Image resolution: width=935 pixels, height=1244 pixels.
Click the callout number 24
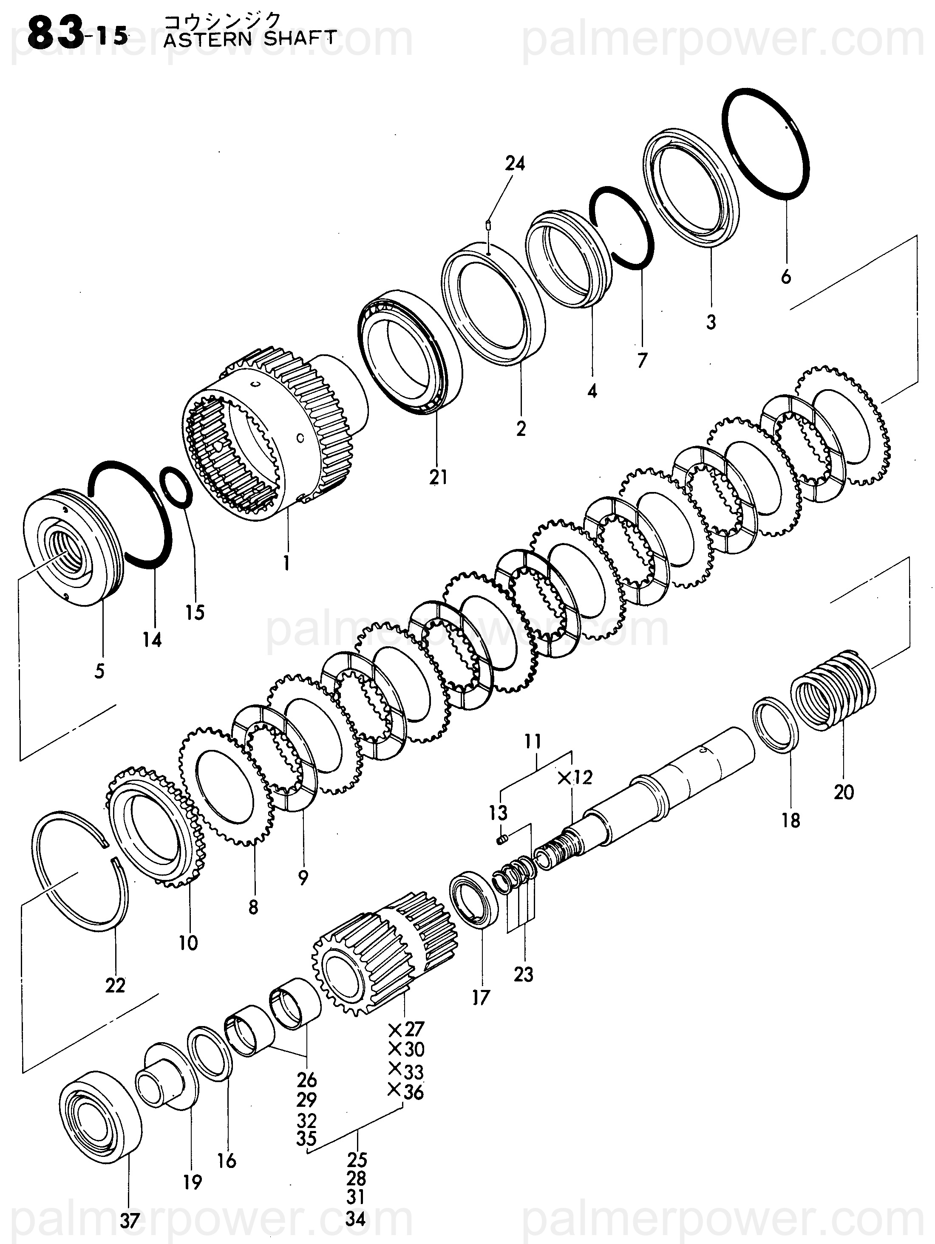coord(515,163)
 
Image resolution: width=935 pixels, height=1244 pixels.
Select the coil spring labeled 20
coord(834,689)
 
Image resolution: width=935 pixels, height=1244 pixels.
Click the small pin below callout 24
coord(488,226)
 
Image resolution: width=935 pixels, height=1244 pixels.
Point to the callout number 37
coord(129,1221)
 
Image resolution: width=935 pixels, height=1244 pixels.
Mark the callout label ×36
coord(406,1092)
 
